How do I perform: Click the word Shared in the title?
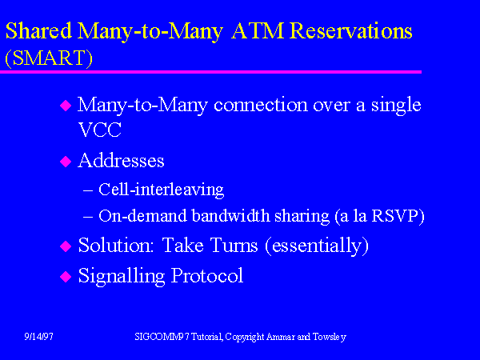click(38, 31)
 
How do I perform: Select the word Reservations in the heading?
click(351, 31)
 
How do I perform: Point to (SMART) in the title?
click(49, 58)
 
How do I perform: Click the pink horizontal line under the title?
click(210, 72)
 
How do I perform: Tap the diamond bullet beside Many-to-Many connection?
click(66, 106)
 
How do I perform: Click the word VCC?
click(100, 130)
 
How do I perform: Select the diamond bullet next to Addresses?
click(66, 162)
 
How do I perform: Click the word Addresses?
click(121, 160)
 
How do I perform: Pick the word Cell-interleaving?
click(161, 190)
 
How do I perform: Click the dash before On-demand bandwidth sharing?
click(88, 217)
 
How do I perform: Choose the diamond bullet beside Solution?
click(66, 246)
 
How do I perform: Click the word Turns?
click(234, 246)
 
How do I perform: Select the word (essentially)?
click(317, 246)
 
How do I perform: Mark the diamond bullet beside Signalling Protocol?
click(66, 277)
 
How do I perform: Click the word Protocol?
click(207, 275)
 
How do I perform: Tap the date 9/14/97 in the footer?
click(39, 337)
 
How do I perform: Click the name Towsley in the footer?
click(330, 337)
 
